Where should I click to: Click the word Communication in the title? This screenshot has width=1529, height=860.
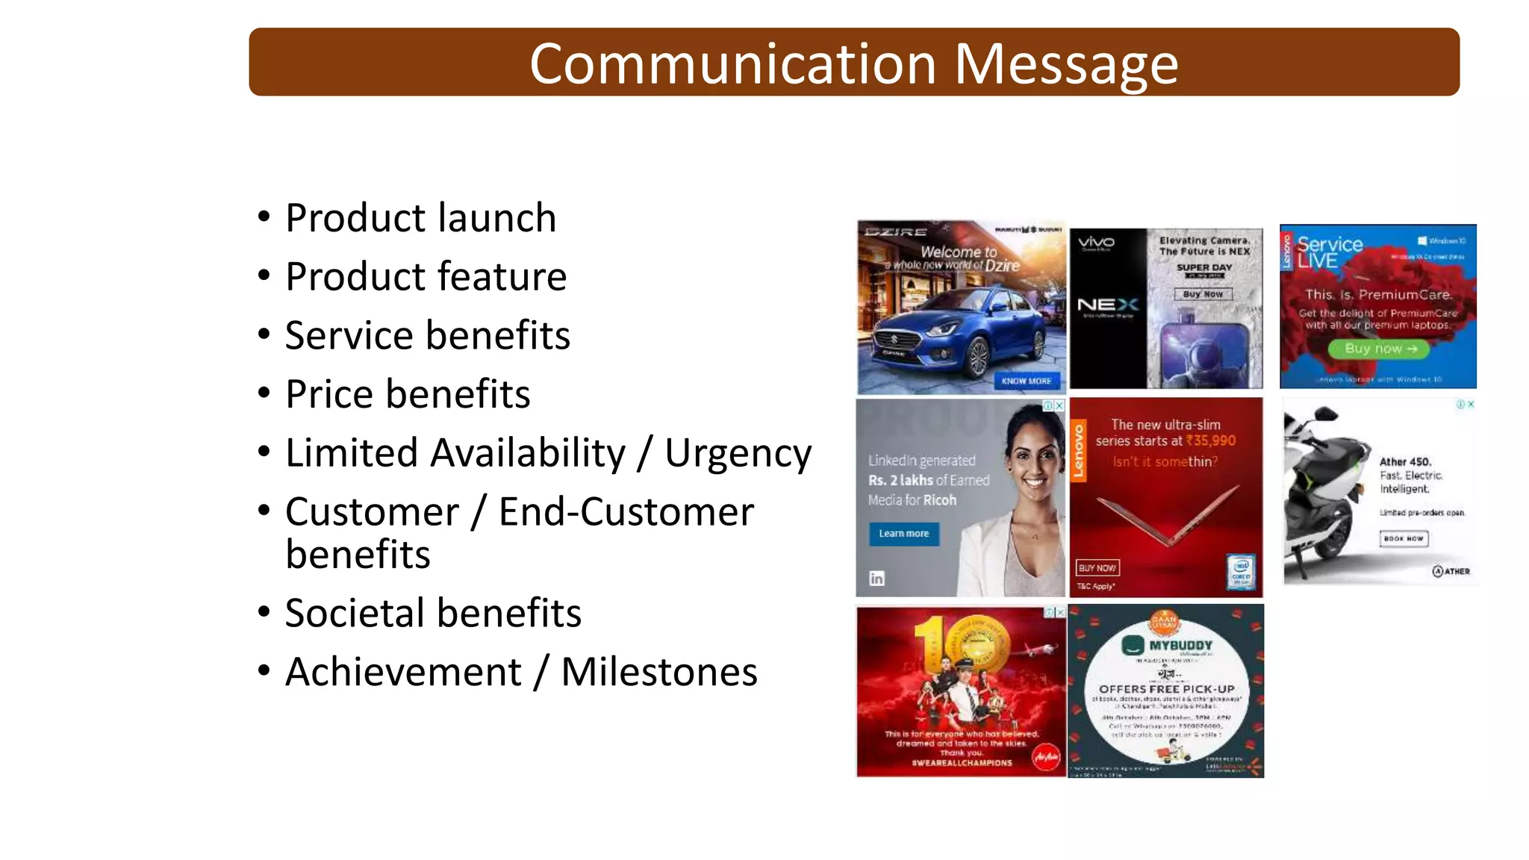[732, 64]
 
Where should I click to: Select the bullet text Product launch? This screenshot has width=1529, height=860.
[420, 218]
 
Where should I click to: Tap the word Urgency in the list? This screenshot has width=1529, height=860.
[738, 453]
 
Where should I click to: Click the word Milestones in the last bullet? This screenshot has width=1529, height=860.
[658, 672]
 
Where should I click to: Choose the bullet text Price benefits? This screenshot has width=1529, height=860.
[408, 394]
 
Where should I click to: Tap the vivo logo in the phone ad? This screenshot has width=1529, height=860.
[1096, 242]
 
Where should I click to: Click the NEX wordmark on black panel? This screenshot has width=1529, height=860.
[1108, 305]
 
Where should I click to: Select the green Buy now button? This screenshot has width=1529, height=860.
[1378, 349]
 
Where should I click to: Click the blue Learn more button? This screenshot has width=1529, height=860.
[903, 534]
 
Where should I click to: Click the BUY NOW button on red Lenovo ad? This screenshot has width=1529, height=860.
[1097, 568]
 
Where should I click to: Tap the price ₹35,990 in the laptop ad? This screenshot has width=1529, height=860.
[1210, 441]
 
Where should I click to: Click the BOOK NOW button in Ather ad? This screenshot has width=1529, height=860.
[1403, 538]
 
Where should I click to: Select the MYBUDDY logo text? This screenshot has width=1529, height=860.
[1180, 645]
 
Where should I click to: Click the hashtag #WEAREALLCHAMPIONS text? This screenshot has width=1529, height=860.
[962, 763]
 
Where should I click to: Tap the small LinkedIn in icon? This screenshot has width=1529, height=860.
[877, 579]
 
